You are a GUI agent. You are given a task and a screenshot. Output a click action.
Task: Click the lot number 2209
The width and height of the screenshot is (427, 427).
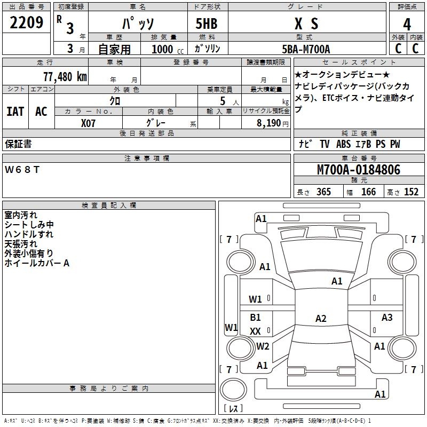pyautogui.click(x=26, y=22)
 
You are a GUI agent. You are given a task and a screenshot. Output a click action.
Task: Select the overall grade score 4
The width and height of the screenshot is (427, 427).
pyautogui.click(x=407, y=25)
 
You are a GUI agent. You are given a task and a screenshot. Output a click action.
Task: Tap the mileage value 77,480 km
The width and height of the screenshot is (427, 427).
pyautogui.click(x=65, y=77)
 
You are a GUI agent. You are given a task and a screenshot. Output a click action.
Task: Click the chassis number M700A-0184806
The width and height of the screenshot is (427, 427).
pyautogui.click(x=359, y=170)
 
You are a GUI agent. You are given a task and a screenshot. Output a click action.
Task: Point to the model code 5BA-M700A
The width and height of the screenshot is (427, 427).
pyautogui.click(x=306, y=49)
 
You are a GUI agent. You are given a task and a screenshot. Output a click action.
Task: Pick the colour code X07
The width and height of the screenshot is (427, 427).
pyautogui.click(x=88, y=123)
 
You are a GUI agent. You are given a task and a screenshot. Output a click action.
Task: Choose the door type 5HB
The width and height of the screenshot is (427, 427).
pyautogui.click(x=207, y=23)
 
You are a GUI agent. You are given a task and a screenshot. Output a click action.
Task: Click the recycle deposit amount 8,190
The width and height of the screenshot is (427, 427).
pyautogui.click(x=269, y=123)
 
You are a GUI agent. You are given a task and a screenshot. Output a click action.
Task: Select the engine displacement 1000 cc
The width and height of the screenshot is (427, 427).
pyautogui.click(x=168, y=49)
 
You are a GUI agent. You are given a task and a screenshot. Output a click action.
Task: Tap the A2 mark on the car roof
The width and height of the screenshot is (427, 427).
pyautogui.click(x=321, y=318)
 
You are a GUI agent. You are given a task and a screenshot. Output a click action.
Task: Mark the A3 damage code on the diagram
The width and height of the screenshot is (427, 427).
pyautogui.click(x=386, y=317)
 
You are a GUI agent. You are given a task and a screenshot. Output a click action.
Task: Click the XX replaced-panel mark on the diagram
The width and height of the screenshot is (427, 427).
pyautogui.click(x=255, y=331)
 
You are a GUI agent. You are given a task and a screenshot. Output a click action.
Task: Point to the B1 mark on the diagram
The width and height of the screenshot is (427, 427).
pyautogui.click(x=255, y=317)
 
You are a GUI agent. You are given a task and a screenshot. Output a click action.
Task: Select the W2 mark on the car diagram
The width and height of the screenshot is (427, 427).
pyautogui.click(x=263, y=346)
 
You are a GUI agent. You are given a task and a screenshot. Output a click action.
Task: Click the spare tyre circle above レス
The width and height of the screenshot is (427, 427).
pyautogui.click(x=233, y=390)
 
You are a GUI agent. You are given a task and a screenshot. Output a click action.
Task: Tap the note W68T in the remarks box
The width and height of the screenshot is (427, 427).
pyautogui.click(x=22, y=170)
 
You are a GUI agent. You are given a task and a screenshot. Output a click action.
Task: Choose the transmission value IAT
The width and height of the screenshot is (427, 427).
pyautogui.click(x=15, y=112)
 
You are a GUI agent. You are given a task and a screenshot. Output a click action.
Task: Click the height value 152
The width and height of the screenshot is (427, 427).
pyautogui.click(x=411, y=192)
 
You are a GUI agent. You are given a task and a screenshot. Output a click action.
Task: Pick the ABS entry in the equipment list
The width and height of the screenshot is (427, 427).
pyautogui.click(x=343, y=144)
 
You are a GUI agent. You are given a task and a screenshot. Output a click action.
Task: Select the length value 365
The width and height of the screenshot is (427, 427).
pyautogui.click(x=323, y=192)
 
